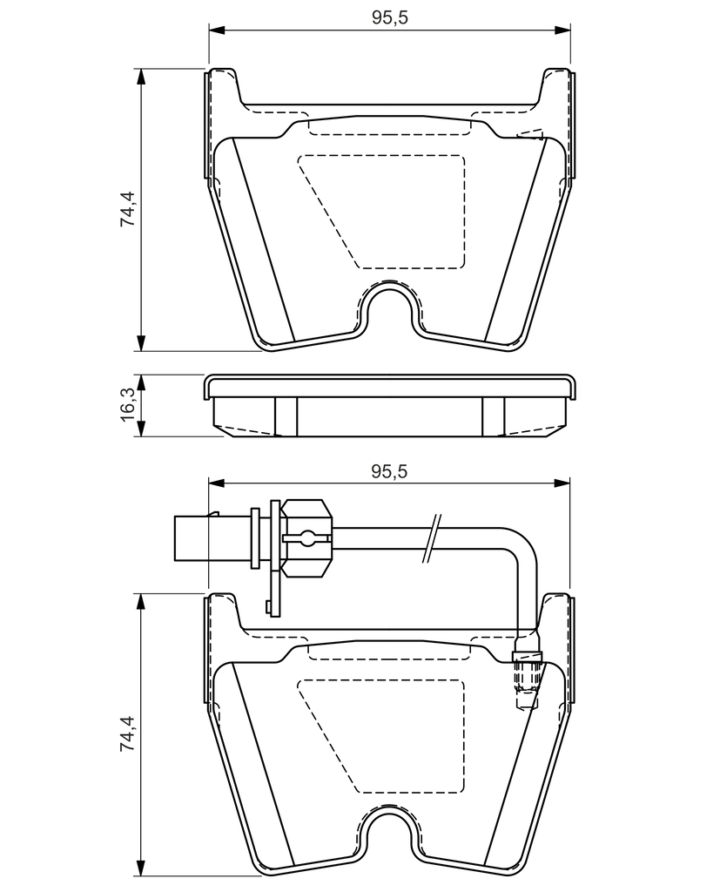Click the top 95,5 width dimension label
click(390, 17)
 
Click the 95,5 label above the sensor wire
click(390, 471)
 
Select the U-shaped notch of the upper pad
click(389, 310)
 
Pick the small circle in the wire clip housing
click(307, 537)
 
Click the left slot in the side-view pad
click(286, 417)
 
